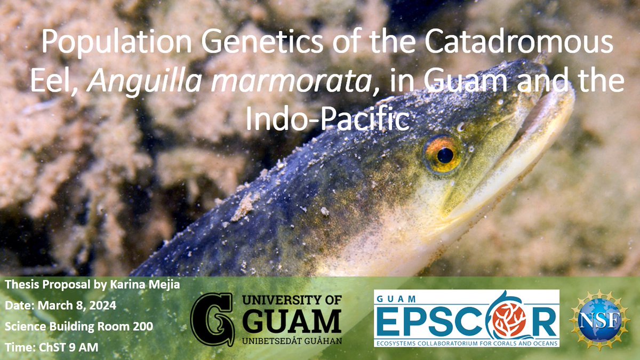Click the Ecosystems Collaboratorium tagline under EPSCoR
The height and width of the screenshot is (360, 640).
pos(466,342)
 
